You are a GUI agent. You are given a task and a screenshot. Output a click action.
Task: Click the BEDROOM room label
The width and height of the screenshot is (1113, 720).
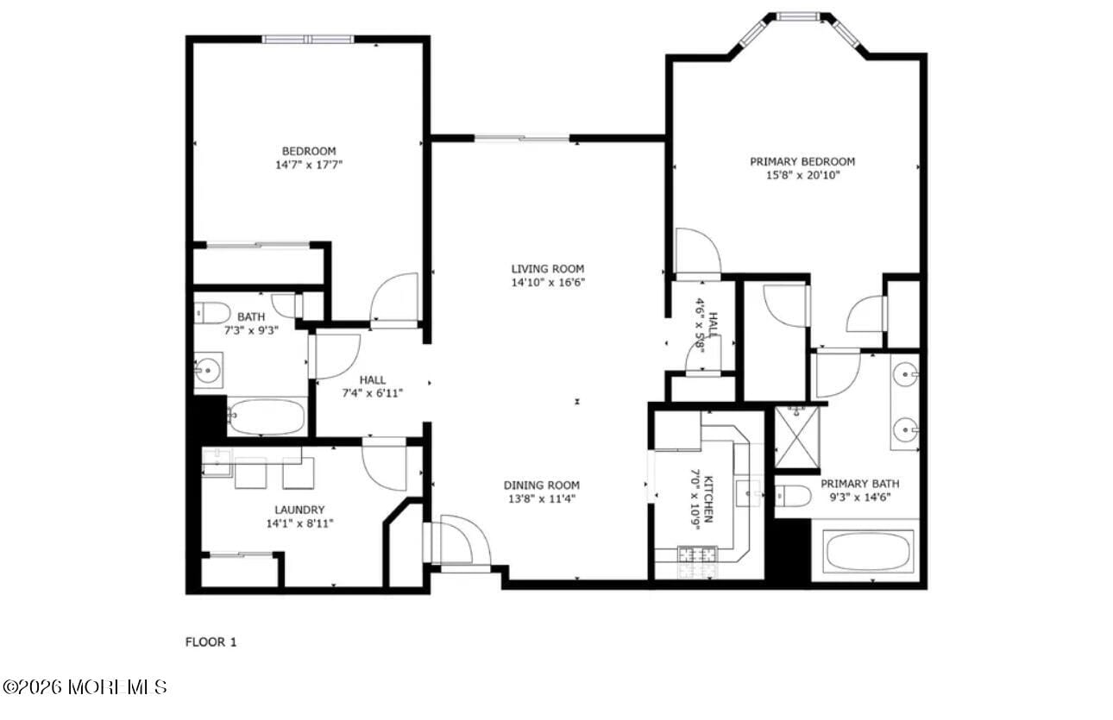pos(308,151)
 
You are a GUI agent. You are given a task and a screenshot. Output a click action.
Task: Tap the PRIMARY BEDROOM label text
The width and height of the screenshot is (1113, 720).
pos(802,161)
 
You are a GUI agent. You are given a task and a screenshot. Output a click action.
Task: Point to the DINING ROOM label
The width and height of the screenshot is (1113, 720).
pos(542,485)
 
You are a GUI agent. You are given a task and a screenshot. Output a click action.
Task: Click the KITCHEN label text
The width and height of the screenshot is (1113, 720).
pos(708,498)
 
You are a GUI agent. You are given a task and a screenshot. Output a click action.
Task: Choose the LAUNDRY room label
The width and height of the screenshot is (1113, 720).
pos(299,510)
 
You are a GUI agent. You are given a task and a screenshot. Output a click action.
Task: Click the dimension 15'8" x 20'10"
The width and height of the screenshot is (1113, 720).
pos(802,175)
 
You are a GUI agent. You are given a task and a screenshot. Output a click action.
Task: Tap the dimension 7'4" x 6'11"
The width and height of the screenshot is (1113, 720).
pos(373,393)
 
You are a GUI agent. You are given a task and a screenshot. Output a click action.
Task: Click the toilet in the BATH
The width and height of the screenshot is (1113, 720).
pos(212,312)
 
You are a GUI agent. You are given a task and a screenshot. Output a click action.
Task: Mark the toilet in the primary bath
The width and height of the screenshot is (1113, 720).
pos(793,496)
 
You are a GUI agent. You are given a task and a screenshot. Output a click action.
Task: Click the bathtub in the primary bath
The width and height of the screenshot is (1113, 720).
pos(870,551)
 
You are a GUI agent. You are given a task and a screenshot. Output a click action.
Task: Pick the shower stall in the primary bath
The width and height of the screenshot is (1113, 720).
pos(796,436)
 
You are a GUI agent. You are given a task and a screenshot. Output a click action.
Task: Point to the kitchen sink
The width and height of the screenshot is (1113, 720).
pos(747,493)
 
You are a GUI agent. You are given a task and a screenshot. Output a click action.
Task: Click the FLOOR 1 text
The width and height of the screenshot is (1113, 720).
pos(211,642)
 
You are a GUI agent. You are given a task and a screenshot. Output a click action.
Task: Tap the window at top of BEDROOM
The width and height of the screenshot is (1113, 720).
pos(308,39)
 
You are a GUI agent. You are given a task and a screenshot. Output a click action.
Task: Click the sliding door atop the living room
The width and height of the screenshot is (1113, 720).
pos(521,138)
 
